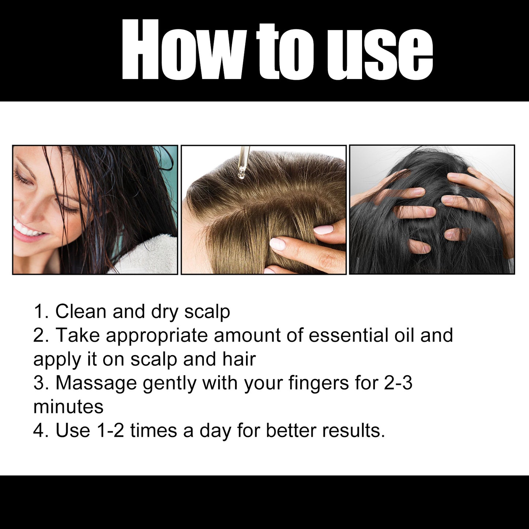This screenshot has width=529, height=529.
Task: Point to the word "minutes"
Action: (68, 406)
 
